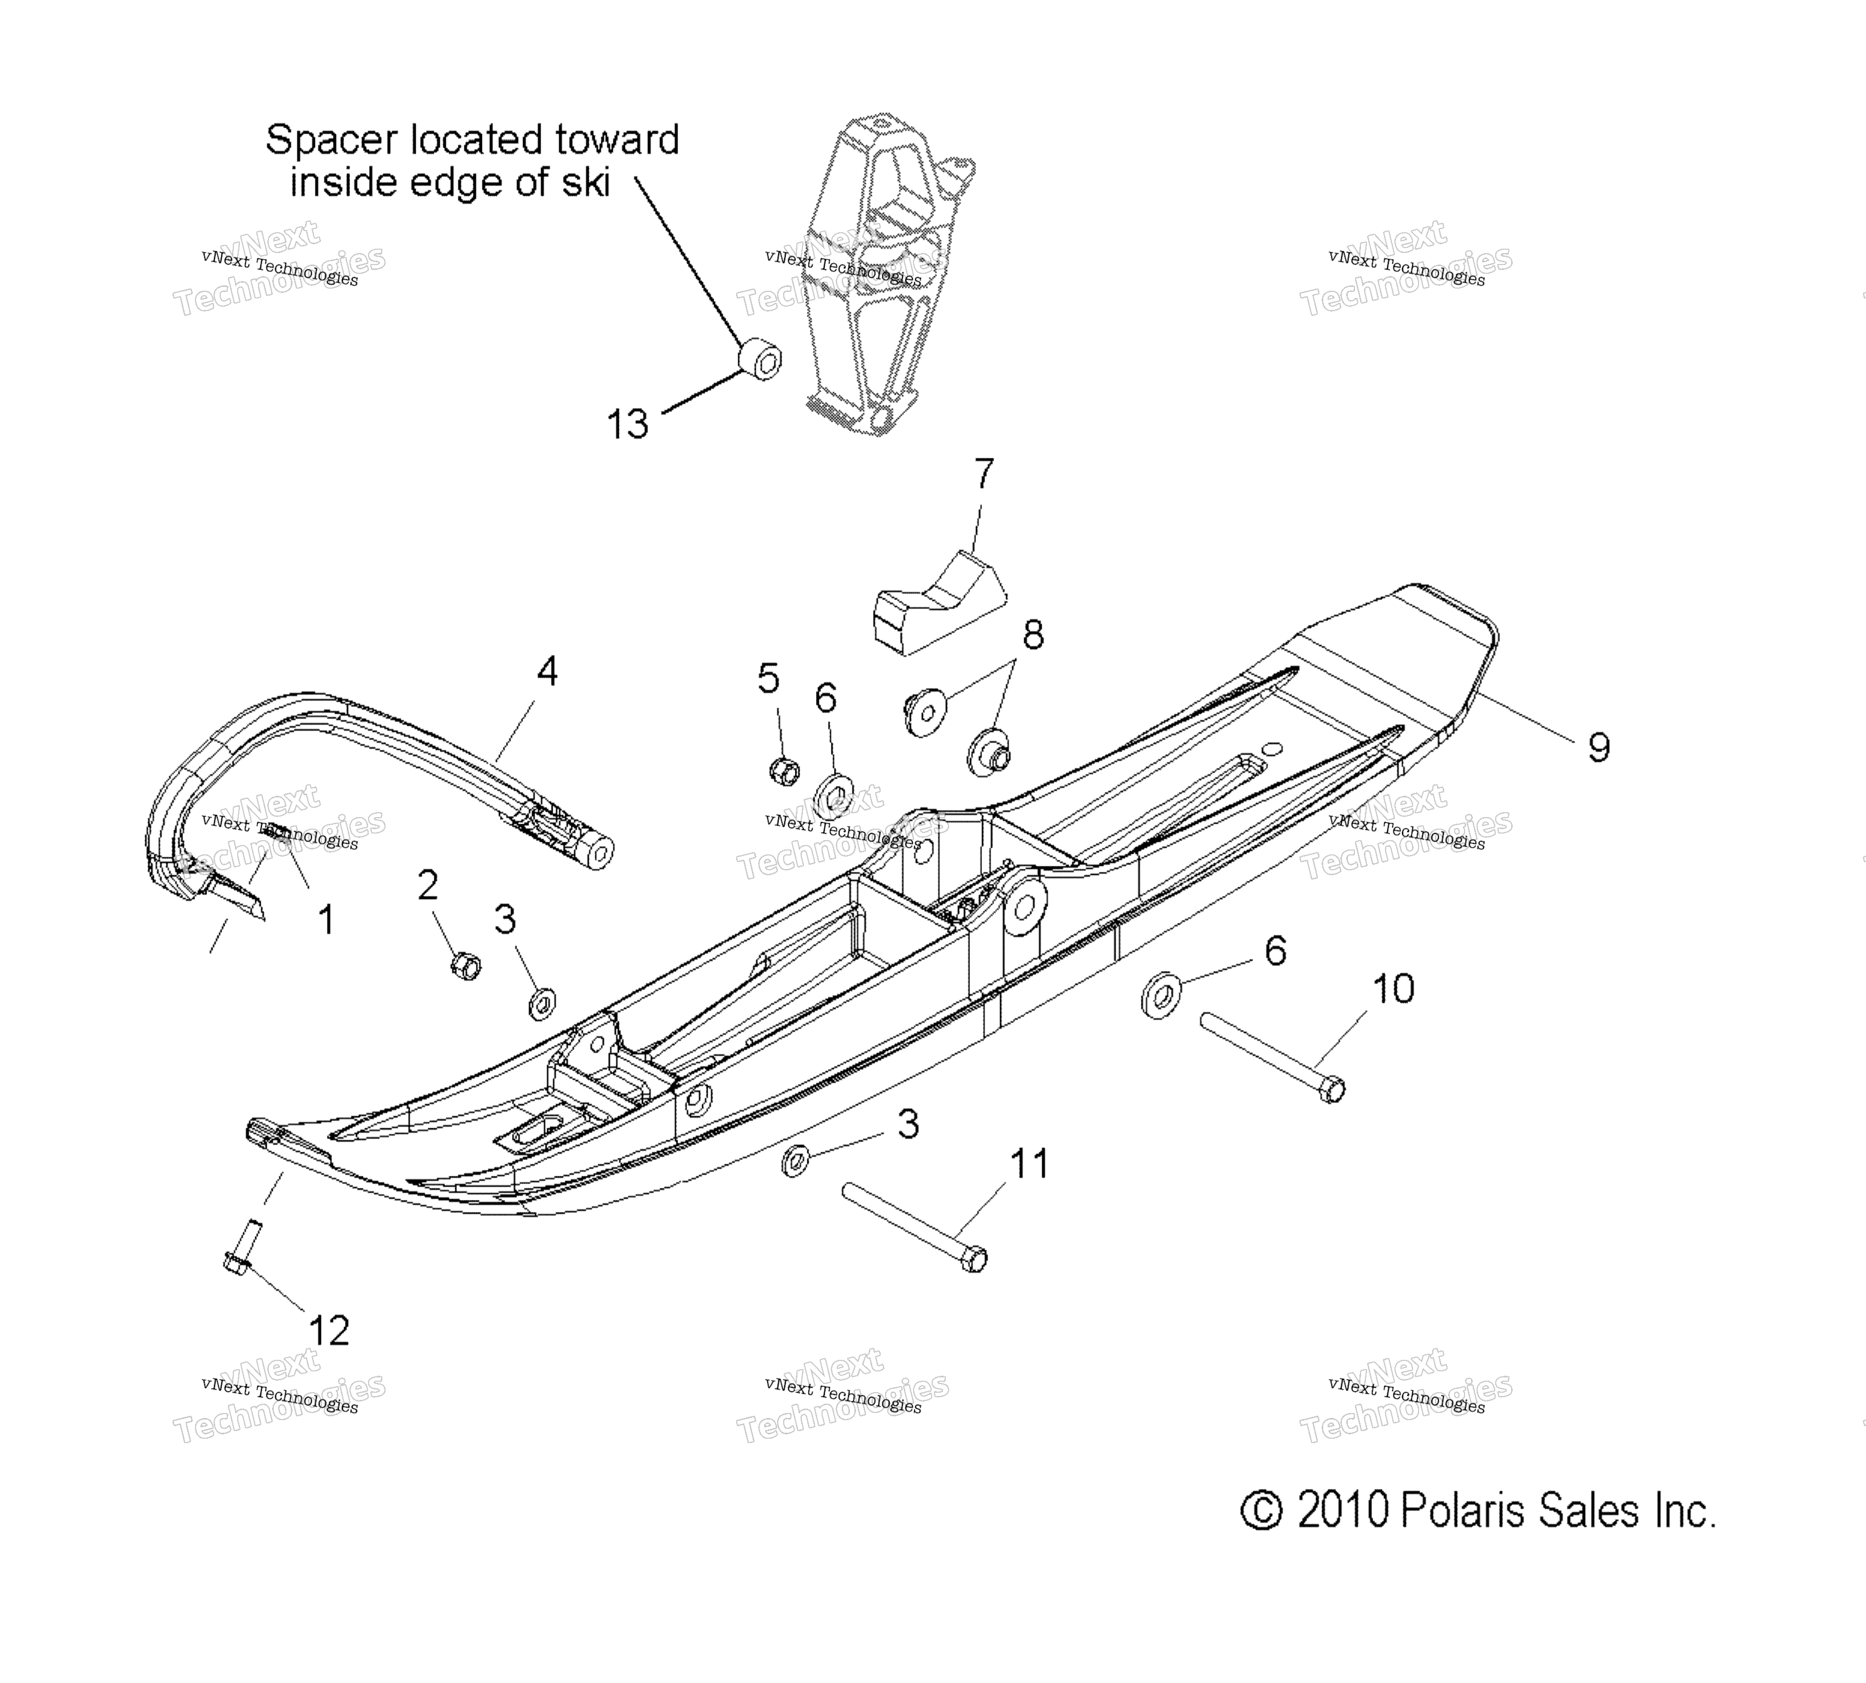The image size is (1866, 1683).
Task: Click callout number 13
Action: [x=627, y=424]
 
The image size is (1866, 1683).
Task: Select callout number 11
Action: [x=1029, y=1164]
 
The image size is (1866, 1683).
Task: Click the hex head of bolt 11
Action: [x=974, y=1260]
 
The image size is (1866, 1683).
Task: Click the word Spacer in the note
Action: [x=331, y=141]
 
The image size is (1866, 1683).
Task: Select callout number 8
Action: [x=1033, y=635]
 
